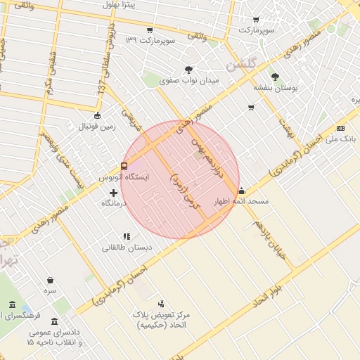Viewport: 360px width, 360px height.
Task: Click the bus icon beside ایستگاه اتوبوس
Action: coord(124,167)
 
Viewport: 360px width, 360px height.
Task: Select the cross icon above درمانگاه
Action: coord(113,193)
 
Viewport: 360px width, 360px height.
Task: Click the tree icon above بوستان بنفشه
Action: coord(274,77)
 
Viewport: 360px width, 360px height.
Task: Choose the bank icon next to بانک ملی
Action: coord(341,128)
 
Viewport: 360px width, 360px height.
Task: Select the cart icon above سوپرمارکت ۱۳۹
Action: coord(150,30)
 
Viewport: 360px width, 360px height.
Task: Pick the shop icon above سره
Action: coord(50,280)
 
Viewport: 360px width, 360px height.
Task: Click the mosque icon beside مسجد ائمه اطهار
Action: coord(242,190)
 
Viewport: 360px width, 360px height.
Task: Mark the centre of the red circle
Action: coord(180,179)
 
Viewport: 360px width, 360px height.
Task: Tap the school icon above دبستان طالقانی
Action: coord(127,237)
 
